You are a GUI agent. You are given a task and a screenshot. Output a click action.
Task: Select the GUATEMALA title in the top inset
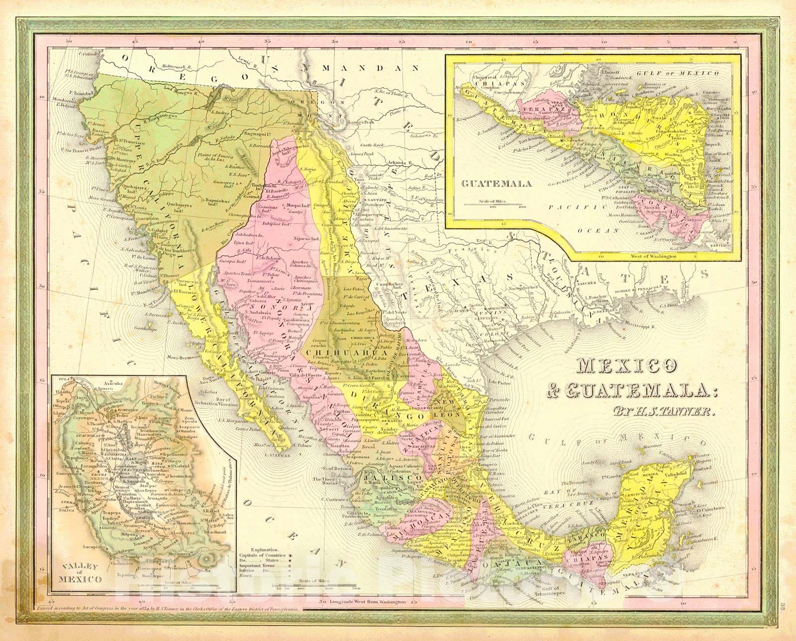point(491,183)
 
